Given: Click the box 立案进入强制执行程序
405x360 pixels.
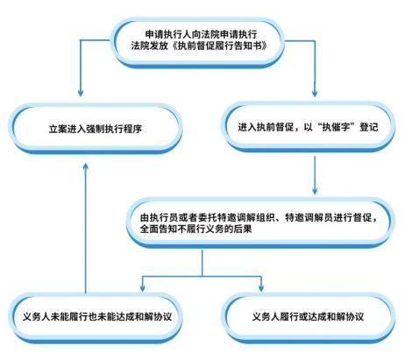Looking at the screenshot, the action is pyautogui.click(x=96, y=129).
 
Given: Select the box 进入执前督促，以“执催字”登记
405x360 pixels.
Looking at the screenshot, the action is pyautogui.click(x=309, y=127).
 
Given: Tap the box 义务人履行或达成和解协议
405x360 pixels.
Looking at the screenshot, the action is pyautogui.click(x=309, y=317).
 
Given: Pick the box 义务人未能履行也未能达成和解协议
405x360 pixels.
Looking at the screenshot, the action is pyautogui.click(x=97, y=317).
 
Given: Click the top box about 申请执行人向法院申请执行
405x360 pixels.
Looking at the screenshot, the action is pyautogui.click(x=198, y=42).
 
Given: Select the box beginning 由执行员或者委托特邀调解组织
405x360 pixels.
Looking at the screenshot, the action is pyautogui.click(x=259, y=223).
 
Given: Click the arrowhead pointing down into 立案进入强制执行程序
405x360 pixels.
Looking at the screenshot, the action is pyautogui.click(x=81, y=93).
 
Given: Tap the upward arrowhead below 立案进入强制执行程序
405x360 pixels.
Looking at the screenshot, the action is pyautogui.click(x=85, y=166).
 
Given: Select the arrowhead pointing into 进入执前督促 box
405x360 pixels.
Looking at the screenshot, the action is pyautogui.click(x=315, y=93).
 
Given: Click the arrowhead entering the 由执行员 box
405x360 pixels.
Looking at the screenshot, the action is pyautogui.click(x=315, y=190).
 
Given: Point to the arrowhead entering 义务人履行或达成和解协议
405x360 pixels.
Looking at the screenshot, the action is pyautogui.click(x=261, y=287).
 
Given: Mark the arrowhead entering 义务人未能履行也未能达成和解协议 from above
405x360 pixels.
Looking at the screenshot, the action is pyautogui.click(x=142, y=287).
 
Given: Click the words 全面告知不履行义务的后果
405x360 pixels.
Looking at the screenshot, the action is pyautogui.click(x=195, y=229).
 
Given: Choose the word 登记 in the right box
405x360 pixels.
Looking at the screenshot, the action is pyautogui.click(x=369, y=127).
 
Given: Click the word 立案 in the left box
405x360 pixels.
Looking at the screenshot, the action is pyautogui.click(x=58, y=129).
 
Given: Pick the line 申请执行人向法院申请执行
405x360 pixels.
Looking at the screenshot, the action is pyautogui.click(x=201, y=34).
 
